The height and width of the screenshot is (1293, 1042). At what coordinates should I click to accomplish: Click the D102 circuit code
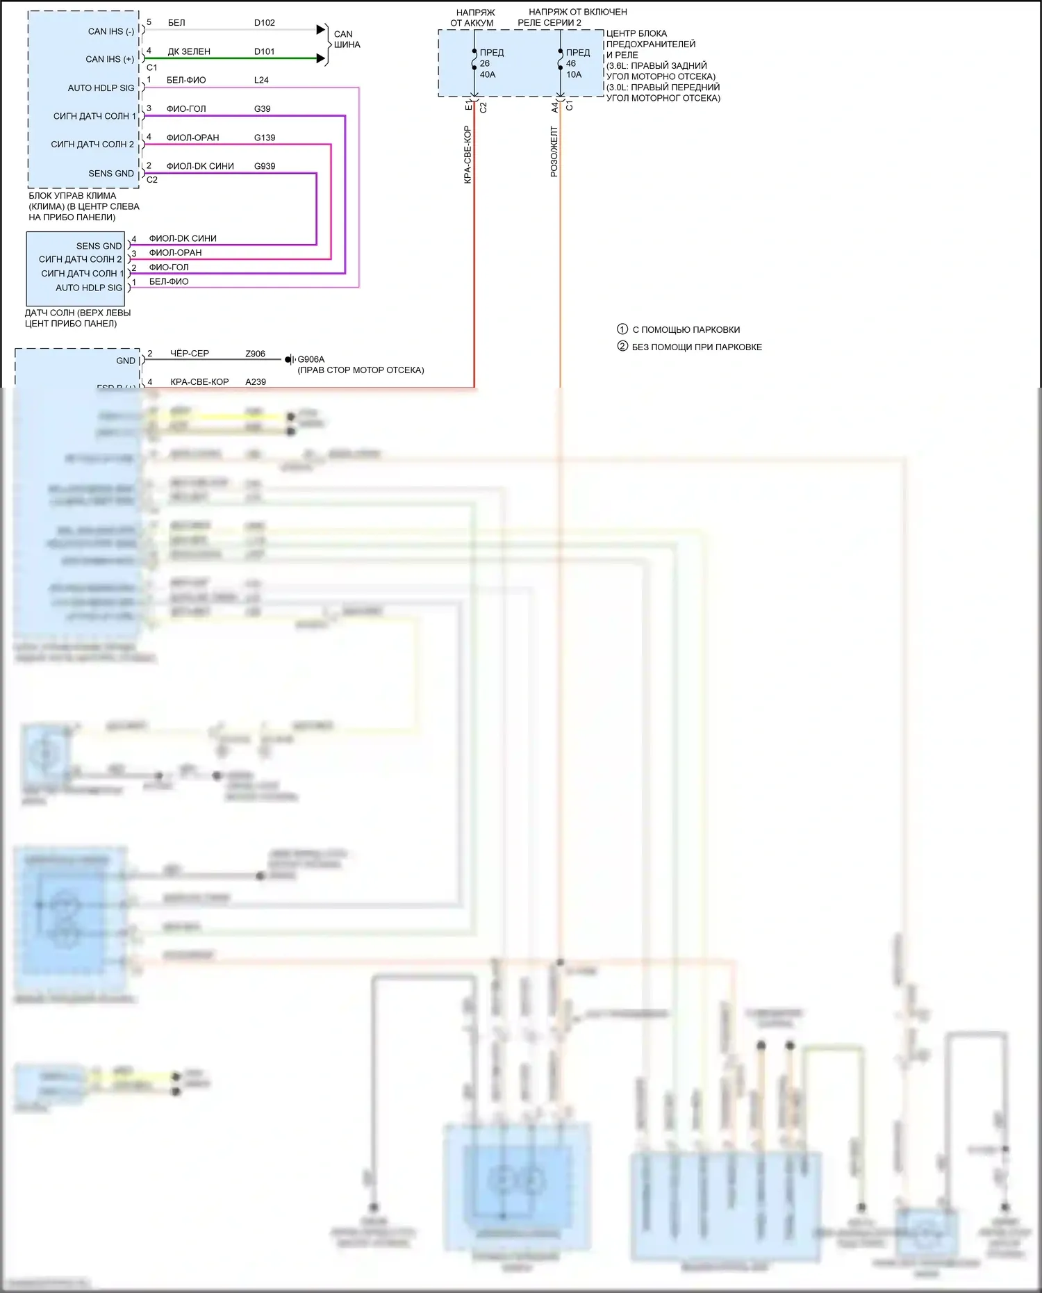(x=264, y=23)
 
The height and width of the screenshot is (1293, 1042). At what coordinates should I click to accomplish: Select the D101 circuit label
(x=264, y=51)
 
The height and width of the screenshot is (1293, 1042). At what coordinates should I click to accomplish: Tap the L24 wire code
(x=261, y=80)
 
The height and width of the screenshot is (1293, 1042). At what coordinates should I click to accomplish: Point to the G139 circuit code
(x=265, y=138)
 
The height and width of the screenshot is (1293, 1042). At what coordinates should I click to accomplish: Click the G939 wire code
(x=265, y=166)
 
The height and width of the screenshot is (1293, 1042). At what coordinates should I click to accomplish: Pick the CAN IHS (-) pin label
(x=111, y=31)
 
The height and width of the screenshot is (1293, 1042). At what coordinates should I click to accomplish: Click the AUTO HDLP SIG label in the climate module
(x=101, y=88)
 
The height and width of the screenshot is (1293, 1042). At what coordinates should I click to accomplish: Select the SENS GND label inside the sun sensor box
(x=99, y=246)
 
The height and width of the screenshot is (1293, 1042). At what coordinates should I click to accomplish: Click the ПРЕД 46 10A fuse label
(x=577, y=63)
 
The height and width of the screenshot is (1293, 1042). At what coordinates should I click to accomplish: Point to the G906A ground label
(x=311, y=359)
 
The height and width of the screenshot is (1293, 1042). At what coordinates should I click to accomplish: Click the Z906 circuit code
(x=255, y=354)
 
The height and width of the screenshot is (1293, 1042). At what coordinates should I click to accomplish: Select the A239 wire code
(x=256, y=382)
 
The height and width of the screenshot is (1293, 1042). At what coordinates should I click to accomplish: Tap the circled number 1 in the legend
(x=622, y=329)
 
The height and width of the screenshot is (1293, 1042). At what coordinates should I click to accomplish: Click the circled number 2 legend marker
(x=622, y=346)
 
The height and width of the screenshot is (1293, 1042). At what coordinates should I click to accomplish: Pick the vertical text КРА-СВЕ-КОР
(x=468, y=154)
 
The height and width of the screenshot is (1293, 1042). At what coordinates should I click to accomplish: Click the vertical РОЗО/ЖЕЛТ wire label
(x=554, y=151)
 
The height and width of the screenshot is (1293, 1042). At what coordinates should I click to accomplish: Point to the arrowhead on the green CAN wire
(x=321, y=58)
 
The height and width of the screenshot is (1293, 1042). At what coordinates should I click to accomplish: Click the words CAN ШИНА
(x=347, y=39)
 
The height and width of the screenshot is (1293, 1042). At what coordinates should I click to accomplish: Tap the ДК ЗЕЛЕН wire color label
(x=189, y=51)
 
